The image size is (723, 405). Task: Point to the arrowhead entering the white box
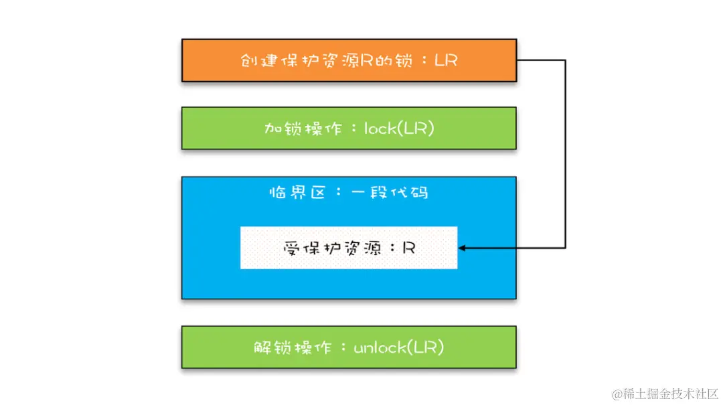pos(461,248)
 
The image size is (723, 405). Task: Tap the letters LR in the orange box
pos(447,60)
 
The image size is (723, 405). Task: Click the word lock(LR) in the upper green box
pos(399,128)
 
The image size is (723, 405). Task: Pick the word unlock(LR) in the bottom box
pos(399,347)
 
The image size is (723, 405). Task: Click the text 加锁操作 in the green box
pos(293,128)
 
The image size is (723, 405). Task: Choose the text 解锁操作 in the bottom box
pos(284,347)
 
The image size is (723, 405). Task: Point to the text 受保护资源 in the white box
pos(332,248)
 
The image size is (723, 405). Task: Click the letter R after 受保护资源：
pos(409,248)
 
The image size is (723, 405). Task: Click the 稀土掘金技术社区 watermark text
pos(671,392)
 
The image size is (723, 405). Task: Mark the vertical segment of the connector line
pos(566,154)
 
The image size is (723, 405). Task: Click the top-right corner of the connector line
pos(566,60)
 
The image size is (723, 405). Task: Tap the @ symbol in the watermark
pos(617,393)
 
